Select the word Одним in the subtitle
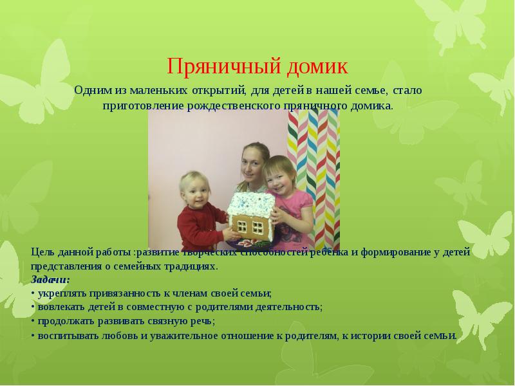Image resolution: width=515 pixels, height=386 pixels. point(89,91)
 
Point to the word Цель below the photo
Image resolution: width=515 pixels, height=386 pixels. point(42,251)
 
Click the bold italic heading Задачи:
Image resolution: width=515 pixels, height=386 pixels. point(50,279)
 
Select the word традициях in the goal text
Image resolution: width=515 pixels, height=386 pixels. point(190,265)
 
